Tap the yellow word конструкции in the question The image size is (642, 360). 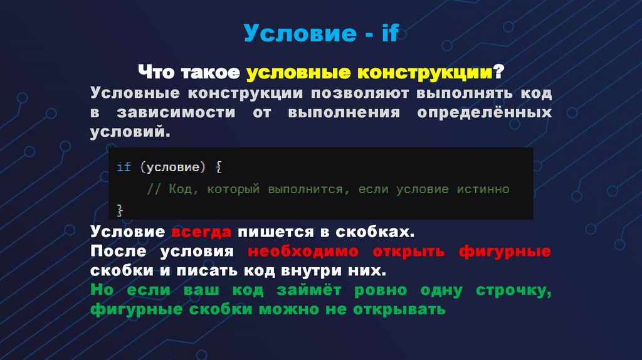[x=424, y=72]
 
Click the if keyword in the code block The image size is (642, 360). [x=124, y=167]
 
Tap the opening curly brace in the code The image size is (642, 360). [x=219, y=167]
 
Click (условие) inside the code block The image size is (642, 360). [x=173, y=167]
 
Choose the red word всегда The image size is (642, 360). [x=201, y=231]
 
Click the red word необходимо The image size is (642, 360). [x=303, y=251]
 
